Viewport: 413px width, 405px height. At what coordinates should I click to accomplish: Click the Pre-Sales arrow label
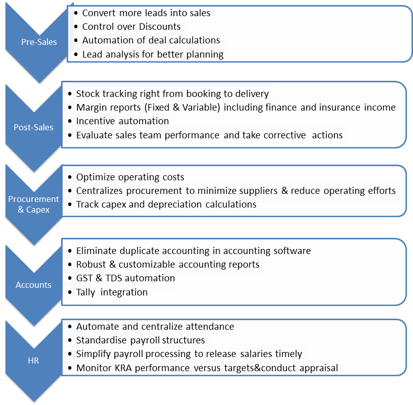[x=39, y=42]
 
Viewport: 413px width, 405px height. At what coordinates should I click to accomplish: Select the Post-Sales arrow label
[x=33, y=127]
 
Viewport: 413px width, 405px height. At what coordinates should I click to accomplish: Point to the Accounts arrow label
[x=33, y=285]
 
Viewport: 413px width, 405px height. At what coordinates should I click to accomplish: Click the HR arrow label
[x=33, y=361]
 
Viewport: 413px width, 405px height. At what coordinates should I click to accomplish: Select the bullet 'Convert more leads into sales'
[x=146, y=13]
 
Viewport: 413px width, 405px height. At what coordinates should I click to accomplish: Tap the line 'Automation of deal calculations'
[x=151, y=40]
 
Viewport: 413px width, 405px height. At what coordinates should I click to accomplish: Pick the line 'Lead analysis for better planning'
[x=153, y=54]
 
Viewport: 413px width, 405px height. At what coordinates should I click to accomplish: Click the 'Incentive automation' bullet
[x=122, y=121]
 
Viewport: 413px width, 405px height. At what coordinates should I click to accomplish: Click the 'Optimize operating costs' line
[x=130, y=177]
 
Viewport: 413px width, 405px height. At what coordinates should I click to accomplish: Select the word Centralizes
[x=100, y=191]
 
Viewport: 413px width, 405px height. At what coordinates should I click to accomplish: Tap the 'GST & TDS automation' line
[x=125, y=278]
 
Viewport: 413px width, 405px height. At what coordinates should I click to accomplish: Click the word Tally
[x=86, y=292]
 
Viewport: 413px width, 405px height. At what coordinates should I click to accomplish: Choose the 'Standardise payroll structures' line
[x=140, y=340]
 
